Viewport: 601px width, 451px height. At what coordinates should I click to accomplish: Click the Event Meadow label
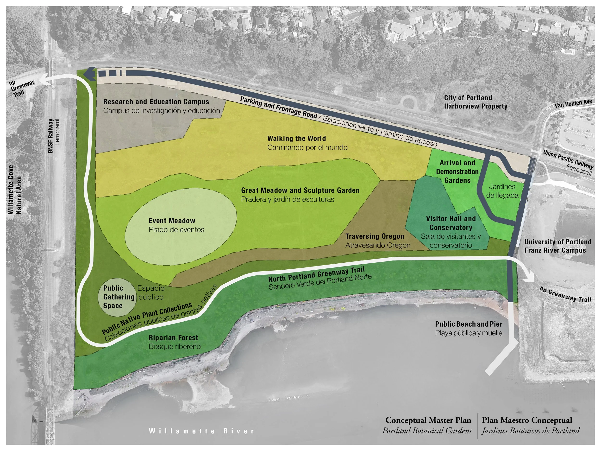pos(172,221)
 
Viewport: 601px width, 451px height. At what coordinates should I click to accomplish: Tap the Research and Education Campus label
pos(156,102)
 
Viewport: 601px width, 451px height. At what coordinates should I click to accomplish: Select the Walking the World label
pos(296,139)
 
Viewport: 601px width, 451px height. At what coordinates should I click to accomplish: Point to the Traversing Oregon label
pos(375,236)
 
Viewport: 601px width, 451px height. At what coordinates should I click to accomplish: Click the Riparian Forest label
pos(173,338)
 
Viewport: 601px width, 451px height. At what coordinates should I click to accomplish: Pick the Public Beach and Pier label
pos(469,324)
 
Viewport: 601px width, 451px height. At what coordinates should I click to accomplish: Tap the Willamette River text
pos(201,431)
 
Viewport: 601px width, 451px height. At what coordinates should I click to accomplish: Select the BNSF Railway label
pos(50,136)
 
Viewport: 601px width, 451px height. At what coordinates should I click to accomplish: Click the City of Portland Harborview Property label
pos(476,102)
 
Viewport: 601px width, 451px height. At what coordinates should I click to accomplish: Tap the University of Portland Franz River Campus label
pos(557,246)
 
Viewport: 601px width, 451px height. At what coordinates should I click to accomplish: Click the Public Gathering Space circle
pos(117,297)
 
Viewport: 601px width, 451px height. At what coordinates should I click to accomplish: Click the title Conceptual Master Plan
pos(428,420)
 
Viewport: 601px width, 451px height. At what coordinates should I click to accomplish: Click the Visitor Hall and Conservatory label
pos(451,223)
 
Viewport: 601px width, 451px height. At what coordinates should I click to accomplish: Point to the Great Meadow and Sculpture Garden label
pos(300,190)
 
